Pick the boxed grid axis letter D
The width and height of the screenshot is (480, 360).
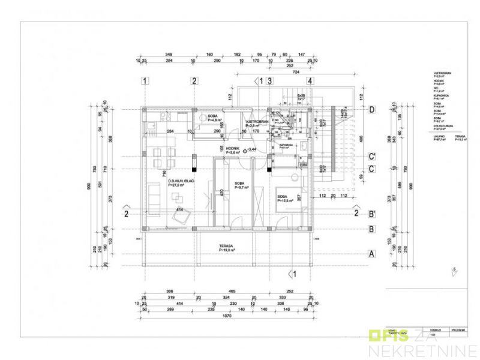(372, 109)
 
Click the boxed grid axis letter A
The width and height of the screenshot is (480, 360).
(372, 254)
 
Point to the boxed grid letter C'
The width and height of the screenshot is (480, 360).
(372, 157)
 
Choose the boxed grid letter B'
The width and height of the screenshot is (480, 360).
(372, 213)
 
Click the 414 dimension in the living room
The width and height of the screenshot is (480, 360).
(179, 209)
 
